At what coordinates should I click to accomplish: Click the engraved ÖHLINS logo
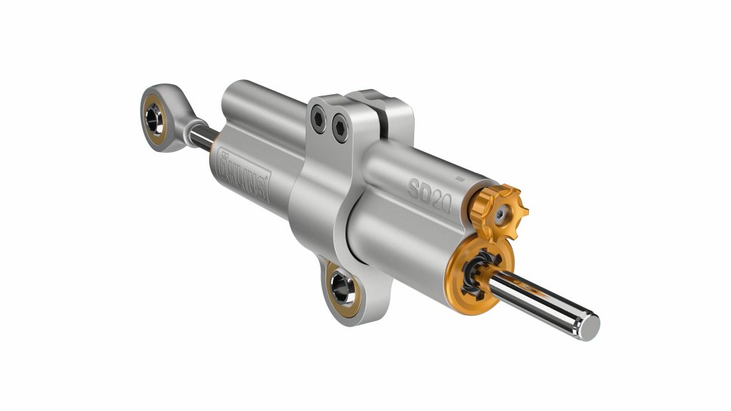click(241, 176)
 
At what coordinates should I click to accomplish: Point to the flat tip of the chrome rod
click(591, 325)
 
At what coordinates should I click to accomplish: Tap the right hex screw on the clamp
click(338, 128)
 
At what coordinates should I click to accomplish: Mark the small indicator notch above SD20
click(460, 173)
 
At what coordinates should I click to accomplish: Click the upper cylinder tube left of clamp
click(264, 107)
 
